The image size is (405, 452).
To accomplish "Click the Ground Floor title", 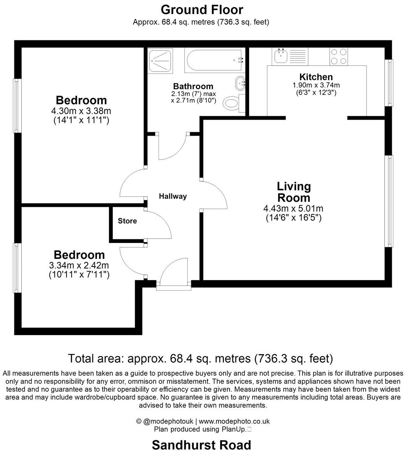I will click(202, 10).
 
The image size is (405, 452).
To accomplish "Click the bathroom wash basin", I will click(239, 82).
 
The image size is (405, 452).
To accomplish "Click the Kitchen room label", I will click(316, 77).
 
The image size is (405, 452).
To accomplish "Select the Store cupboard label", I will click(127, 221).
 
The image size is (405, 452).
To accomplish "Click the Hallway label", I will click(173, 196).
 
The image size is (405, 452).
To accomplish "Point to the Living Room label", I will click(293, 192).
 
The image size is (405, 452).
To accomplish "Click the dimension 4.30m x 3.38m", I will click(81, 111).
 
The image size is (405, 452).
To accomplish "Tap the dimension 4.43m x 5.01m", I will click(293, 209).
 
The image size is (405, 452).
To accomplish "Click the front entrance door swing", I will click(173, 272).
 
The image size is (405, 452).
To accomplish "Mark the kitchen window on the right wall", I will click(389, 82).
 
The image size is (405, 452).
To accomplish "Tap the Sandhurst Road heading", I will click(201, 445).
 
